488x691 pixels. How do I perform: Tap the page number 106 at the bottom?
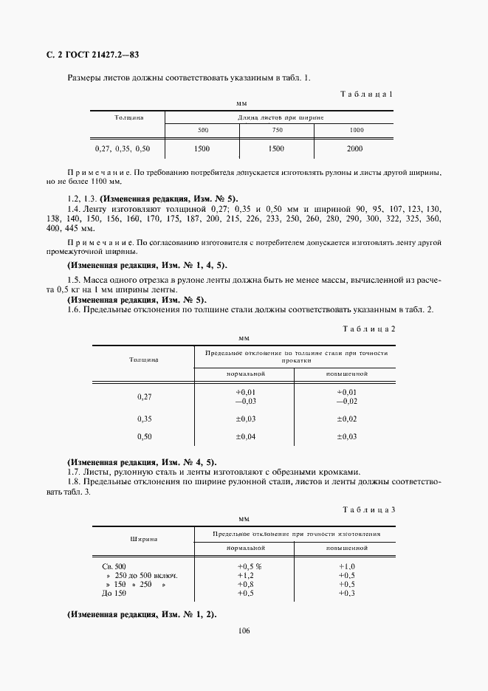(244, 631)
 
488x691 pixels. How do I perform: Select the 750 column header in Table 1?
(277, 130)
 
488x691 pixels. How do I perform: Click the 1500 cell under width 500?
(202, 148)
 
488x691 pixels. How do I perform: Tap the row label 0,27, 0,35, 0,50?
(123, 148)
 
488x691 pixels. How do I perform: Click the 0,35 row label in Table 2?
(144, 419)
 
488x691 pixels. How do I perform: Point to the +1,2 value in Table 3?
(244, 575)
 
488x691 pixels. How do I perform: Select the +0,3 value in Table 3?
(346, 594)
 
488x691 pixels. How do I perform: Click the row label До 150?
(114, 594)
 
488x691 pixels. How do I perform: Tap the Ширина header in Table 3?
(142, 540)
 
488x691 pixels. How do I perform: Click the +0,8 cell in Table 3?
(244, 585)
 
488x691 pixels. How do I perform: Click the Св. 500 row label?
(116, 566)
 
